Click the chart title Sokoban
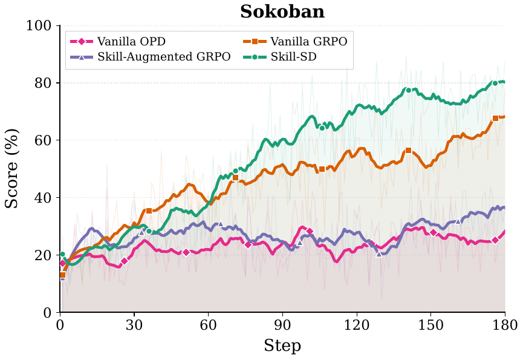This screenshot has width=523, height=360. click(x=282, y=11)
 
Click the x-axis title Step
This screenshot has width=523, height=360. click(x=282, y=345)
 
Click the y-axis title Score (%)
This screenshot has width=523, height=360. click(x=12, y=168)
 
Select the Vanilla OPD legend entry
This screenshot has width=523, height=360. click(x=118, y=42)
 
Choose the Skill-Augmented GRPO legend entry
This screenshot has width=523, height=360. click(x=151, y=57)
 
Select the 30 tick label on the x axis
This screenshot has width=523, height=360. click(x=134, y=324)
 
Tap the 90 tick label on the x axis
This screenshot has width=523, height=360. click(x=282, y=324)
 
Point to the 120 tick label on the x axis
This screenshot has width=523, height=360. click(x=356, y=324)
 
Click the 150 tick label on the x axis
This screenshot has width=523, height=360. click(x=430, y=324)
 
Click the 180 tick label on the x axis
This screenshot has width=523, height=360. click(x=504, y=324)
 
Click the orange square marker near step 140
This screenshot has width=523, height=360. click(x=408, y=150)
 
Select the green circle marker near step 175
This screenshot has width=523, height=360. click(x=495, y=83)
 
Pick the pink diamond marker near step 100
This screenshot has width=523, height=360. click(x=310, y=231)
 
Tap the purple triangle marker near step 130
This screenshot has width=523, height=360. click(x=379, y=254)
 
